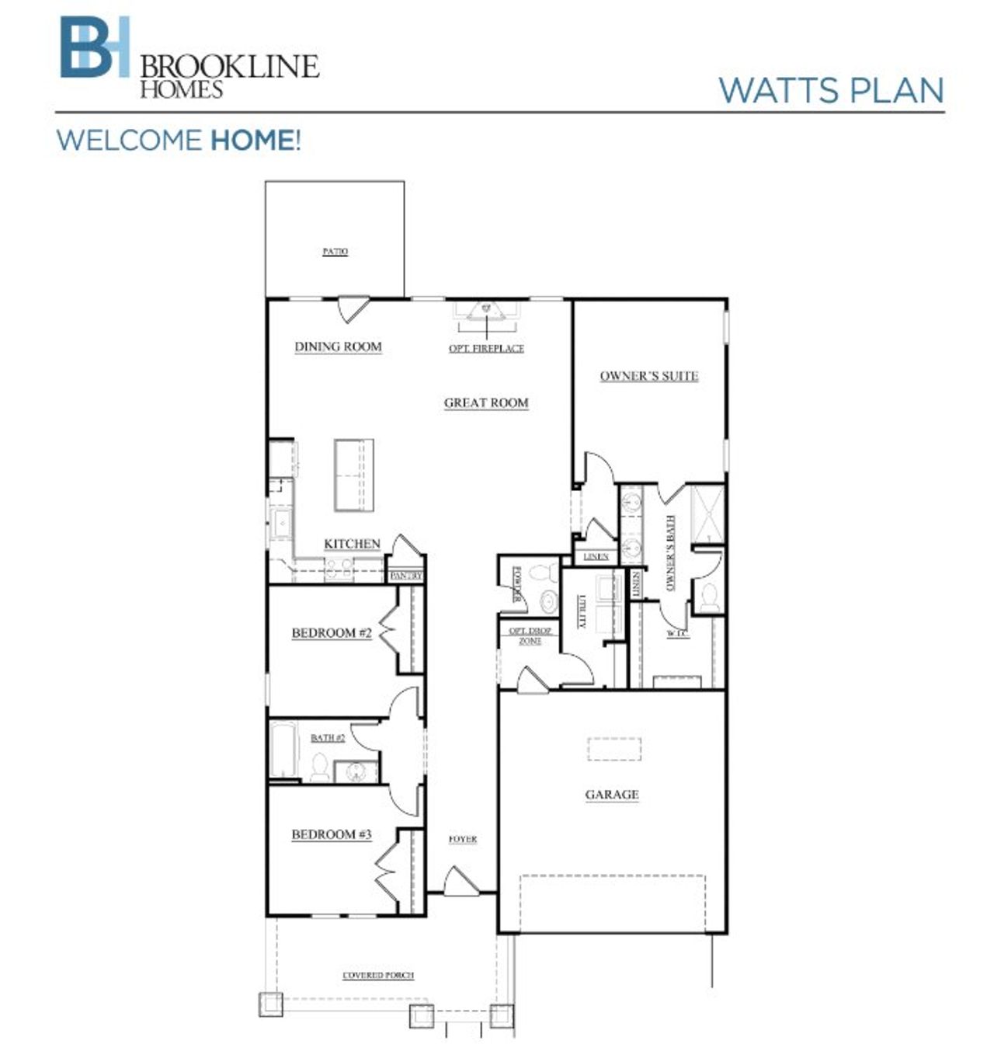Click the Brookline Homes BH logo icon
(95, 48)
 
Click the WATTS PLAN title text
(830, 90)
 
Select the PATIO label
(335, 252)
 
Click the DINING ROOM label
(338, 346)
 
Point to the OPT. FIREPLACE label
(486, 349)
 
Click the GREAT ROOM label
(486, 402)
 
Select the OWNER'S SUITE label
(648, 376)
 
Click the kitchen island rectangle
(353, 475)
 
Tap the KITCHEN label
(352, 544)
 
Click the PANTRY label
(406, 576)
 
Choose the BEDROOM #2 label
(332, 633)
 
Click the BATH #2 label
(328, 738)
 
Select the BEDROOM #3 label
(332, 834)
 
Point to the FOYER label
(463, 840)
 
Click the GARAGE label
(612, 795)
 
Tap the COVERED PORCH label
(379, 976)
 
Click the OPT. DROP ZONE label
(530, 636)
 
